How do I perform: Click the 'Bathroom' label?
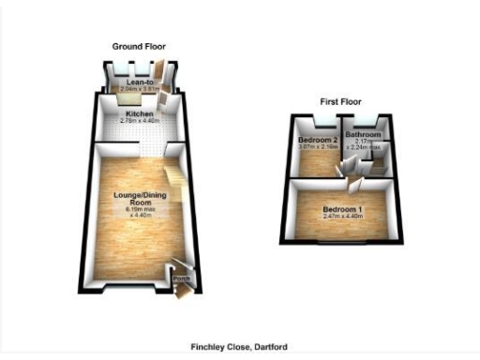click(361, 134)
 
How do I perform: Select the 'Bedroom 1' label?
click(342, 208)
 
